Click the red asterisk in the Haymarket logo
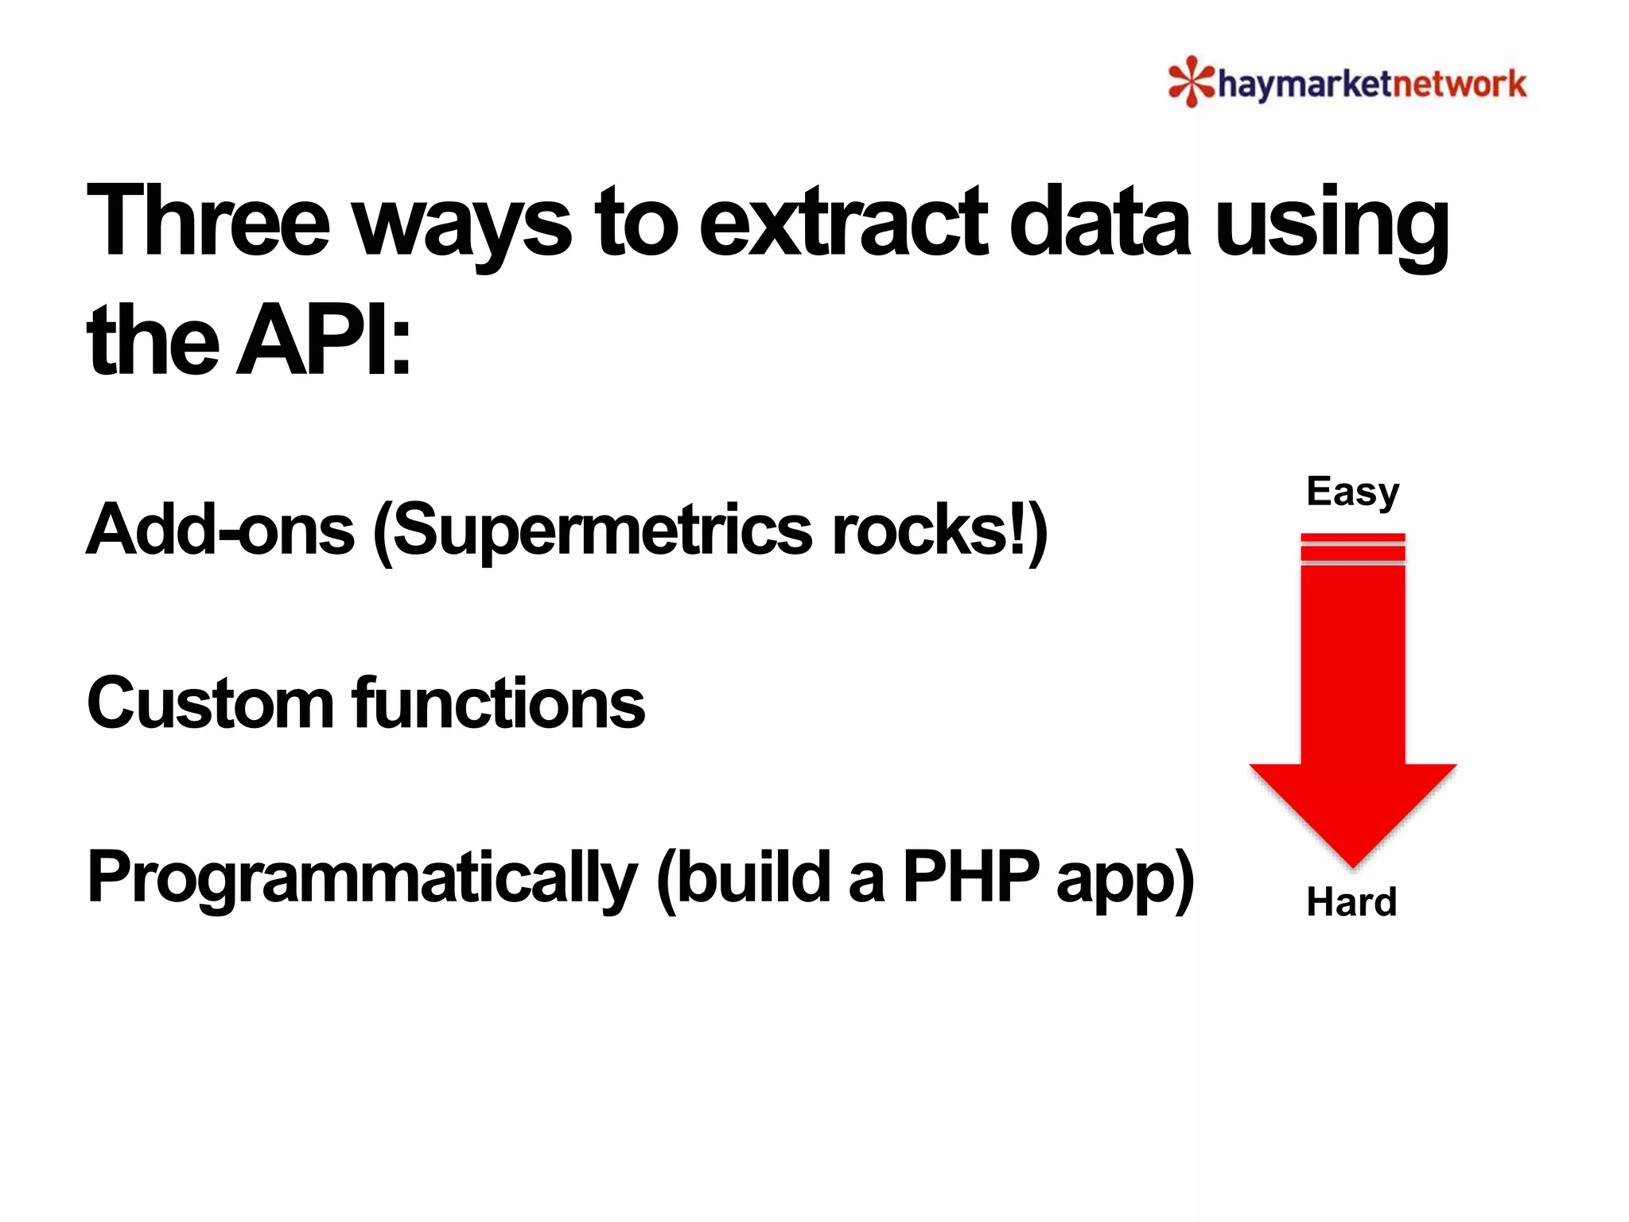pos(1191,81)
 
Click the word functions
pos(499,703)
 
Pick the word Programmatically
pos(362,878)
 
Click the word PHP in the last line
pos(970,877)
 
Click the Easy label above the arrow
pos(1352,492)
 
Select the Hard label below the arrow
pos(1351,902)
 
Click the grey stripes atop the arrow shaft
pos(1352,552)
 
